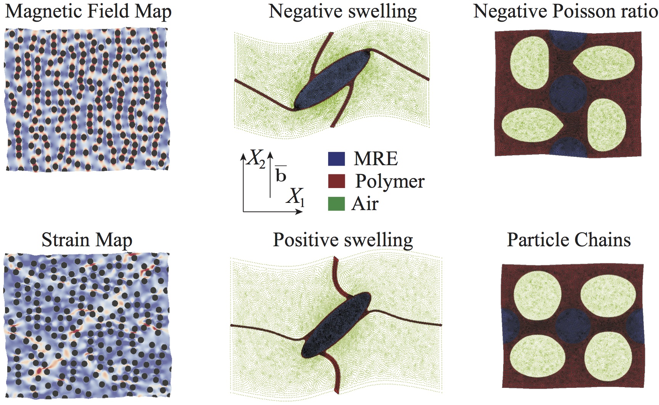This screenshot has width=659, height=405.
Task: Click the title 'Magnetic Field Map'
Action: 88,11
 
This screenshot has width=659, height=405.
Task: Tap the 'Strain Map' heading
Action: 87,240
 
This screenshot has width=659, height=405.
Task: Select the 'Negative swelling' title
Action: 343,11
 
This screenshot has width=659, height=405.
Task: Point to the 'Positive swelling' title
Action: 343,240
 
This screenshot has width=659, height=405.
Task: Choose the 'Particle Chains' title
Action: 569,240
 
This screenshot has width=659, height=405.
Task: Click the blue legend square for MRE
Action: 337,159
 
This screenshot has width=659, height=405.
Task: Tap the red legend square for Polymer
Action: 337,181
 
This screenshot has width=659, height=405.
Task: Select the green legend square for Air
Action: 337,204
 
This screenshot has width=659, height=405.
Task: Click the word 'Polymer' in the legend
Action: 390,182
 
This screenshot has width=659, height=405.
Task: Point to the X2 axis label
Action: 257,158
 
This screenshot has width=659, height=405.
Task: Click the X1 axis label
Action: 296,197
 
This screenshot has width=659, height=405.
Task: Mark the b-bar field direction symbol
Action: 281,174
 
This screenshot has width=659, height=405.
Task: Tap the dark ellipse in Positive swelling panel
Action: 336,325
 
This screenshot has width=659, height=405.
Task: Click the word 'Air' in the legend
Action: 365,204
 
